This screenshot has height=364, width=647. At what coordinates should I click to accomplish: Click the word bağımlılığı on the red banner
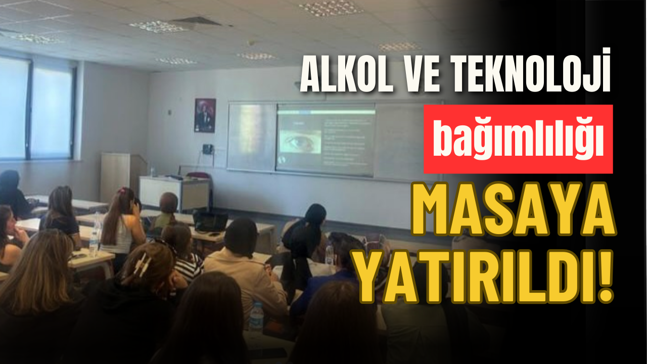click(x=518, y=139)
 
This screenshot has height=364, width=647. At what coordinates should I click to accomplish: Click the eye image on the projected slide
click(x=300, y=142)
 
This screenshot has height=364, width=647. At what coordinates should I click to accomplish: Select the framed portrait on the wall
click(x=205, y=115)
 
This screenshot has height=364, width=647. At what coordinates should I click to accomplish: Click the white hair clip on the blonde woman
click(x=144, y=264)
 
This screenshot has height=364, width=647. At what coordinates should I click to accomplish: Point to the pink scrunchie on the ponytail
click(x=123, y=191)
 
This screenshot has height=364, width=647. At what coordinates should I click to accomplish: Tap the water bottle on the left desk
click(x=94, y=243)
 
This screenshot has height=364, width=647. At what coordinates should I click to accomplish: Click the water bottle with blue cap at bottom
click(x=256, y=316)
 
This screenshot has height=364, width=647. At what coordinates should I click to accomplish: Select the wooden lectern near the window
click(x=124, y=177)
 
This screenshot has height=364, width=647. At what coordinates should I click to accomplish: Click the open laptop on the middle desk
click(x=210, y=222)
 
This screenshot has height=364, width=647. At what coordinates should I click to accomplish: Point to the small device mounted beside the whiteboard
click(x=207, y=149)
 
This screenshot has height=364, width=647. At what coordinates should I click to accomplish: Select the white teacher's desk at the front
click(x=175, y=192)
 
